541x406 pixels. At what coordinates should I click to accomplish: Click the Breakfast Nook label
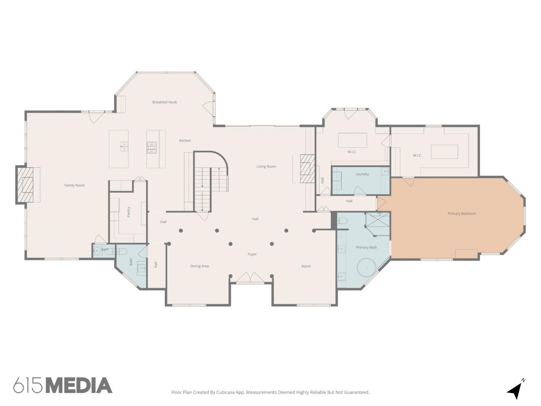tap(164, 102)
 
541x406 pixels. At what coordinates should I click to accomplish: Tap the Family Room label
tap(74, 185)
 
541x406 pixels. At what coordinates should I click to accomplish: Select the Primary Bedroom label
tap(462, 214)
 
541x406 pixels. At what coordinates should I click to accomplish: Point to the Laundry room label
tap(362, 174)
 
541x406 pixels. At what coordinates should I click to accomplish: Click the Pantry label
tap(128, 212)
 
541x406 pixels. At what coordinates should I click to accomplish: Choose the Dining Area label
tap(199, 266)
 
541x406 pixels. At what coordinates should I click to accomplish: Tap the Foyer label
tap(252, 254)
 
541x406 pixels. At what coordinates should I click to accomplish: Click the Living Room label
tap(266, 166)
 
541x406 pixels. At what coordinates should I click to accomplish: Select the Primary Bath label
tap(366, 247)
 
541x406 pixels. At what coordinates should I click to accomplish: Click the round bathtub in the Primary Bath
tap(366, 267)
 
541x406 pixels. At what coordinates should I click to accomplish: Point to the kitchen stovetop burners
tap(151, 147)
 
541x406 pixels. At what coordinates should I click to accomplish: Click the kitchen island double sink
tap(124, 147)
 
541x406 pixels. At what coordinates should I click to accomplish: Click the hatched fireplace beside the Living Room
tap(308, 169)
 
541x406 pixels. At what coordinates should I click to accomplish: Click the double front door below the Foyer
tap(250, 277)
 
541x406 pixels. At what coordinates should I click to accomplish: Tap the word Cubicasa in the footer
tap(225, 392)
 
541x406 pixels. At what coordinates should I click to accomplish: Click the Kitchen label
tap(185, 140)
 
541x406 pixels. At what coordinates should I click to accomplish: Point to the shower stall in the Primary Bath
tap(377, 223)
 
